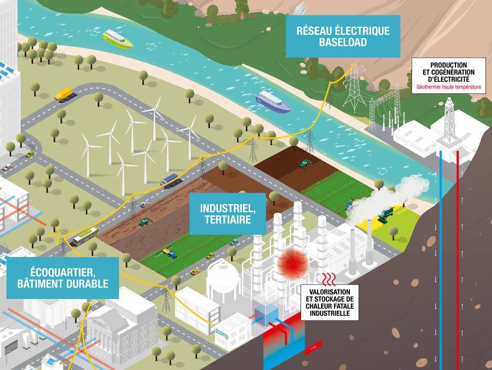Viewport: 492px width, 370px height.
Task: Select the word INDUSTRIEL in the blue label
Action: pyautogui.click(x=227, y=209)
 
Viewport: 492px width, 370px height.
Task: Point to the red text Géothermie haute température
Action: pyautogui.click(x=449, y=88)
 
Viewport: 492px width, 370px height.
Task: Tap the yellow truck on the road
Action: pyautogui.click(x=63, y=94)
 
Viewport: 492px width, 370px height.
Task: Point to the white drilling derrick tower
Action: pyautogui.click(x=450, y=121)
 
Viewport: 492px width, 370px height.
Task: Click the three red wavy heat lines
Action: pyautogui.click(x=328, y=279)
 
